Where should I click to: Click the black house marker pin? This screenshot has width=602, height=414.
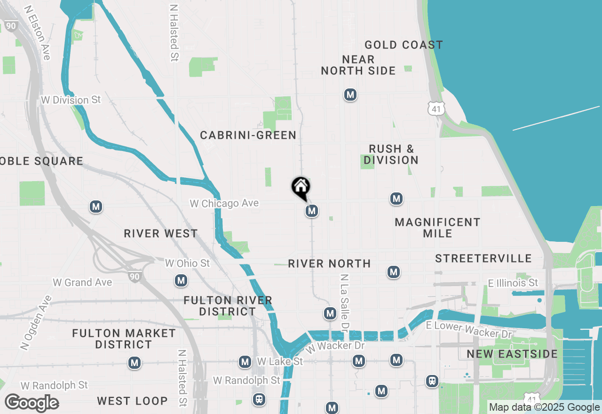click(301, 188)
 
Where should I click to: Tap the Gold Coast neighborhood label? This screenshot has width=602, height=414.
click(404, 45)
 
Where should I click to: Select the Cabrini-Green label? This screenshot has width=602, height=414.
click(248, 135)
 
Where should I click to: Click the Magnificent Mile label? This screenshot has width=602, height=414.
click(437, 228)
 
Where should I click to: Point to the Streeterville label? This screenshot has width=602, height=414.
click(483, 259)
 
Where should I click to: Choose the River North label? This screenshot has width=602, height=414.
click(329, 264)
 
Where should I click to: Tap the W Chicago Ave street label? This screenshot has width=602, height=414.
click(224, 204)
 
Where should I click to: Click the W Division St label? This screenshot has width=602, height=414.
click(71, 100)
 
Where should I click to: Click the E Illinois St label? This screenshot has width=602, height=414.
click(513, 283)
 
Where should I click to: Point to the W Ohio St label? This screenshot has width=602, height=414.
click(187, 263)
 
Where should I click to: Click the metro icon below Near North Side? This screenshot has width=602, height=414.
click(350, 95)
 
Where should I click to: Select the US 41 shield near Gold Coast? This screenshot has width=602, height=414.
click(436, 109)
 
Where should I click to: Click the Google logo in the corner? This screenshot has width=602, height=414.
click(32, 403)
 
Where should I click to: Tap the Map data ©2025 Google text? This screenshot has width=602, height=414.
click(544, 407)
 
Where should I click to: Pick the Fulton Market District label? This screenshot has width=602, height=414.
click(124, 339)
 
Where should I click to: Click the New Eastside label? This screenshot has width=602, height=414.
click(512, 354)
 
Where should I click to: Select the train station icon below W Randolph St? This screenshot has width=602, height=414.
click(259, 399)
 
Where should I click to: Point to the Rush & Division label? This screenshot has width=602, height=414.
click(391, 155)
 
